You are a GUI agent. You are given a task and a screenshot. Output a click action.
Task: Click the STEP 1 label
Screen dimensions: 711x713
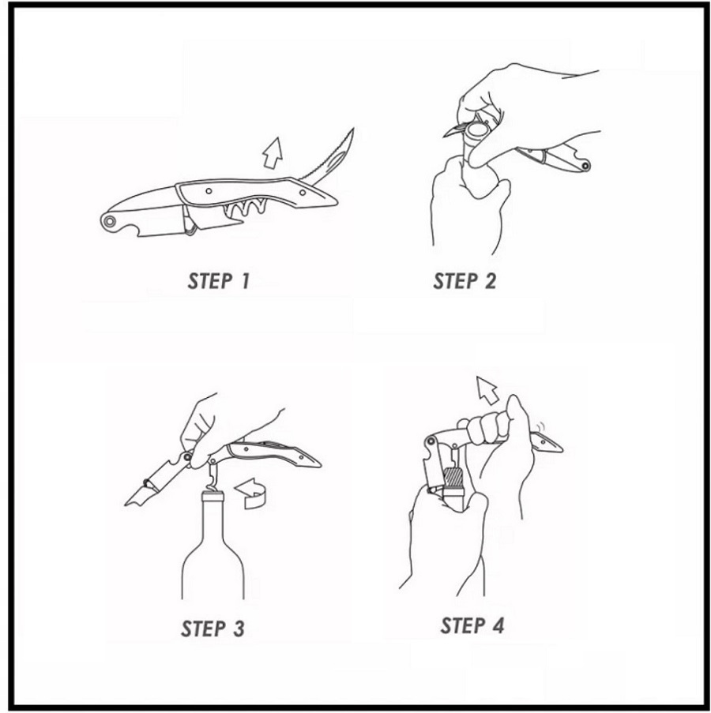[219, 281]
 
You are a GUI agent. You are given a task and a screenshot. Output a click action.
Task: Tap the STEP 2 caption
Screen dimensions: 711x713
[465, 281]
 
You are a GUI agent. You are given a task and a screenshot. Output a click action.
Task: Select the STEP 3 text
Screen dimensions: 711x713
[213, 629]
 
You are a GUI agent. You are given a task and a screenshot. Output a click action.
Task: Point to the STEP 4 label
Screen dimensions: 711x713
[472, 625]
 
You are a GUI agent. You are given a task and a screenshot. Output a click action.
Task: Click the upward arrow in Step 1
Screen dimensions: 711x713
[273, 153]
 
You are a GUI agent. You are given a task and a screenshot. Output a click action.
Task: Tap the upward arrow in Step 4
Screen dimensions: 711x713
[487, 390]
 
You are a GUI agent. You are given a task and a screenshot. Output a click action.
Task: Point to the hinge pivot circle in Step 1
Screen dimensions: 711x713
[109, 221]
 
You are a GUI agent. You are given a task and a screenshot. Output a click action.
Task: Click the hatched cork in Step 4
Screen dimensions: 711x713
[453, 477]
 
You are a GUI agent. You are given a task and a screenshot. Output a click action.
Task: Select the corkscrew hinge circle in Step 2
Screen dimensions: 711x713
[585, 166]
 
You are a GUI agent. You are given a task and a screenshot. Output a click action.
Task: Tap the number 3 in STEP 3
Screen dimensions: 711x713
[239, 629]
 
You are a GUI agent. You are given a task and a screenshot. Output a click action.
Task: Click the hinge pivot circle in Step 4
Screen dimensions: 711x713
[431, 441]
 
